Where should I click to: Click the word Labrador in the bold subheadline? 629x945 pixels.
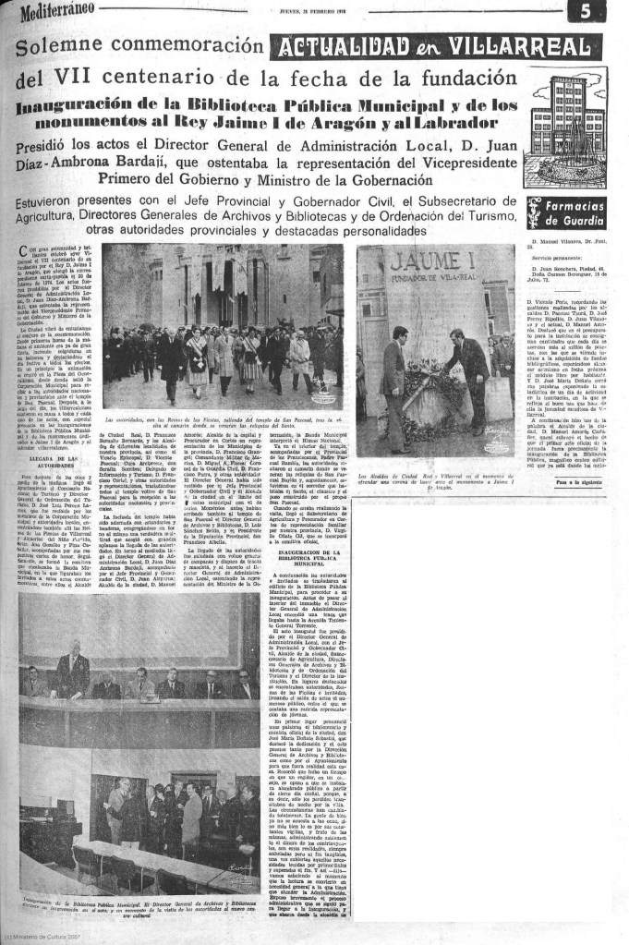[x=437, y=122]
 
